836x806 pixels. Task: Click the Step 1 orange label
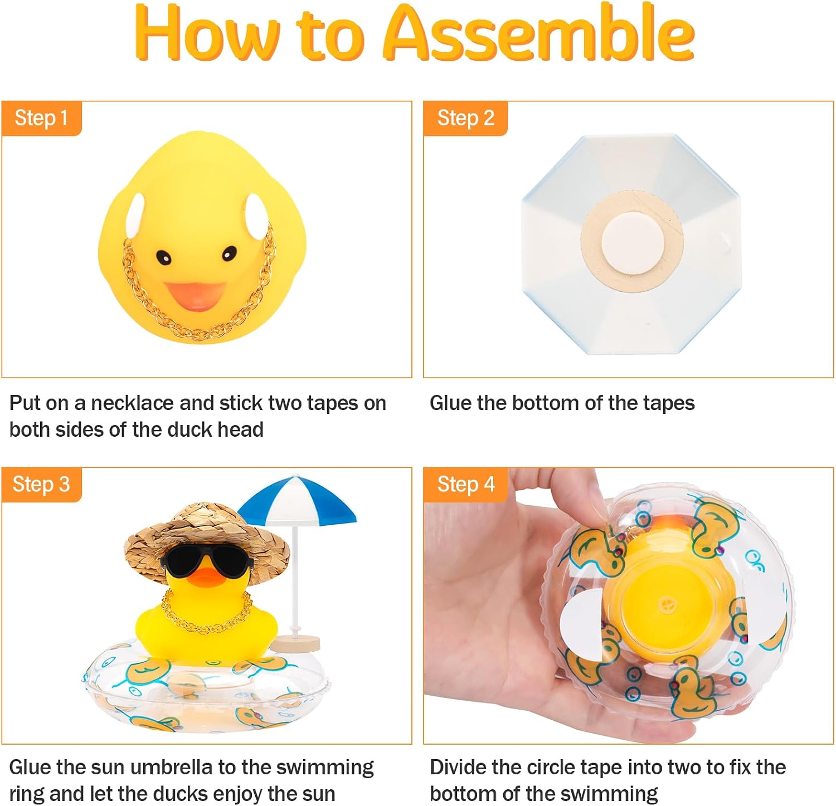pyautogui.click(x=42, y=118)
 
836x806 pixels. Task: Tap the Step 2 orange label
pyautogui.click(x=465, y=118)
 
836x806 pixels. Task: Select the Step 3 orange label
pyautogui.click(x=42, y=485)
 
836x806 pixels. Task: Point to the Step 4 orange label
pyautogui.click(x=465, y=485)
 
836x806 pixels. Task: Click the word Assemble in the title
pyautogui.click(x=539, y=33)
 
